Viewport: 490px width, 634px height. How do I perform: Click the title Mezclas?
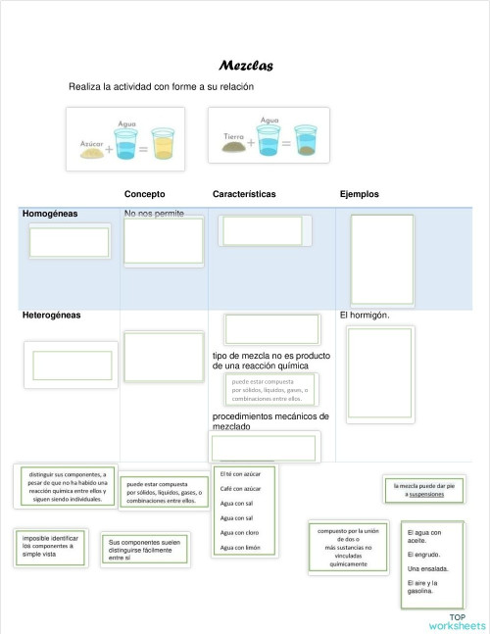tap(245, 67)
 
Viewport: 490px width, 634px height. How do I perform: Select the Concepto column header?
tap(144, 194)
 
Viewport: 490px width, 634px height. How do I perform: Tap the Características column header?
tap(244, 194)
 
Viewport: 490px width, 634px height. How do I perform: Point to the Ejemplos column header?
tap(359, 194)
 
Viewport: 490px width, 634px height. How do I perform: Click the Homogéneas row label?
tap(50, 213)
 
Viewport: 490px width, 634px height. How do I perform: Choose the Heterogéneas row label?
tap(51, 316)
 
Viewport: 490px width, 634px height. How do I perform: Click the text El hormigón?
tap(365, 316)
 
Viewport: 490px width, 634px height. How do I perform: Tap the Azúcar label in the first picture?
tap(91, 142)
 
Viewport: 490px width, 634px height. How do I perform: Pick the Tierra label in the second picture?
tap(234, 135)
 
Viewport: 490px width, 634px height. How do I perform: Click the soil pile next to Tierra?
tap(235, 147)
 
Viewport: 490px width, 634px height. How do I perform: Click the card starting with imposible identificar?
tap(49, 546)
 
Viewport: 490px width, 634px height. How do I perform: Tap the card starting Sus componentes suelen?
tap(144, 550)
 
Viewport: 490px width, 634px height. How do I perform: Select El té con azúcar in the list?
tap(240, 472)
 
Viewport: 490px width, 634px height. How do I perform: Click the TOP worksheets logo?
tap(456, 621)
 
